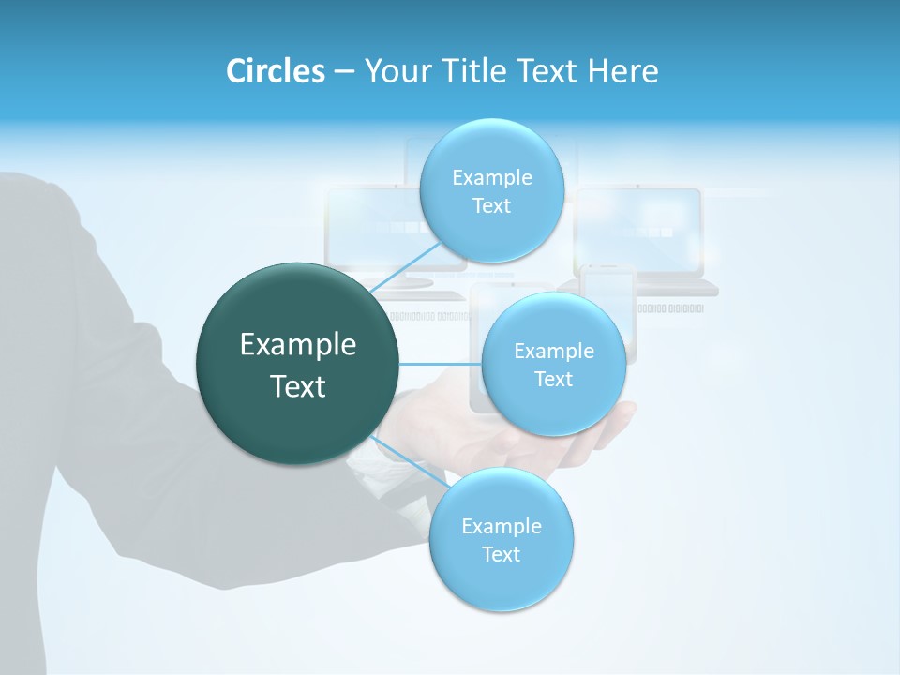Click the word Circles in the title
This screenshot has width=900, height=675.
[276, 71]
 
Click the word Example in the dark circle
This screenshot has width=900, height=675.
[298, 345]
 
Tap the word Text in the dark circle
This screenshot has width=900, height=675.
[298, 386]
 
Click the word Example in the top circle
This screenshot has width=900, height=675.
[491, 178]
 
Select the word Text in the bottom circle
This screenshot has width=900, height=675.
[501, 554]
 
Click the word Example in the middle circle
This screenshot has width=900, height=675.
[553, 352]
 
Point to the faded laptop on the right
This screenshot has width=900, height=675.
[647, 239]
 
